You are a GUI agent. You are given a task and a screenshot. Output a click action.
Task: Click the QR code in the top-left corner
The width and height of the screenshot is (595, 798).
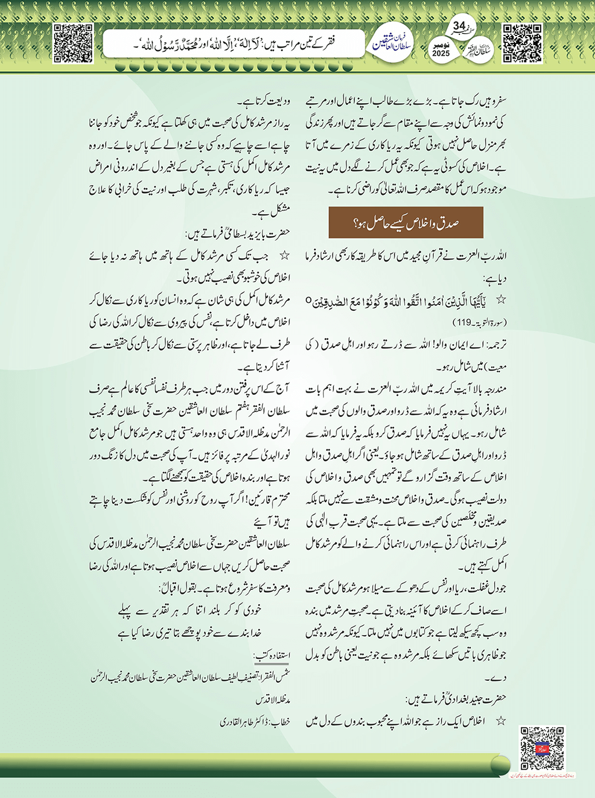point(73,43)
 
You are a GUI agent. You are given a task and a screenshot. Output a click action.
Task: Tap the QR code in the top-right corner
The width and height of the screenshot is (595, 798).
point(522,43)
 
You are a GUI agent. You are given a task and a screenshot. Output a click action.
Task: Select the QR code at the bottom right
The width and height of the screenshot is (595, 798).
point(542,748)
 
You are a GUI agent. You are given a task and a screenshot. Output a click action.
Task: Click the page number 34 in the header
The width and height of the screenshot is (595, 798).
point(459,27)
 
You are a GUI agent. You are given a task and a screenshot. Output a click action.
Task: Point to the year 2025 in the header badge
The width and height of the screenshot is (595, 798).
point(441,53)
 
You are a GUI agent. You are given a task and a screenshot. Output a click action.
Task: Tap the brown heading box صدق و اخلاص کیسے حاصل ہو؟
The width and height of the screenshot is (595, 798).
point(405,223)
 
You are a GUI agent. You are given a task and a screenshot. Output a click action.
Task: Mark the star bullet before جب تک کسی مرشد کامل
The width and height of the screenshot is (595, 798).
point(284,256)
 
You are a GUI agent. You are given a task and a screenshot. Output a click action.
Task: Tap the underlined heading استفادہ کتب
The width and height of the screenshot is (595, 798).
point(272,656)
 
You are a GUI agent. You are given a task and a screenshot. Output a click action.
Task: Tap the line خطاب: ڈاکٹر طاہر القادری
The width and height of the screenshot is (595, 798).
point(255,722)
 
